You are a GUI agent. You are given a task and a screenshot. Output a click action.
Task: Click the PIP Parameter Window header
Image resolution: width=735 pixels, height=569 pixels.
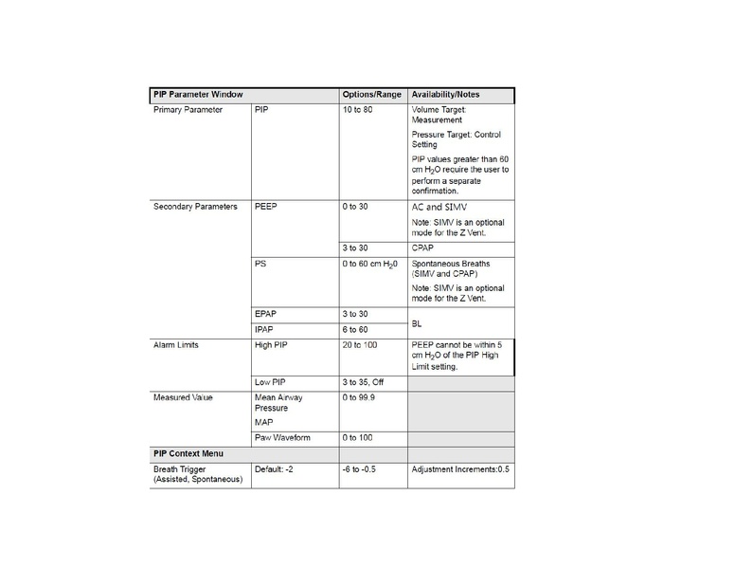(x=198, y=95)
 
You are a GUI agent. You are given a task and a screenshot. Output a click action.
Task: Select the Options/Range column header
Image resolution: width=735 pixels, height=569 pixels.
(x=371, y=95)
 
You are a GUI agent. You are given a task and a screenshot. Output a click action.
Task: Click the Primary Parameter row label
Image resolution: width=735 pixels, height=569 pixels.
(x=188, y=110)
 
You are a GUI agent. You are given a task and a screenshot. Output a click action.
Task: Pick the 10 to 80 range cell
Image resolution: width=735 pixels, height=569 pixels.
(x=359, y=110)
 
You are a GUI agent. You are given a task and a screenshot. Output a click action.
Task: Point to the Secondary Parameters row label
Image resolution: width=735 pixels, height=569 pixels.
(x=195, y=207)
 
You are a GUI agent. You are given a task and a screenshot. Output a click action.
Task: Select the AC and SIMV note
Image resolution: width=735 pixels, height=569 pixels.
(x=439, y=207)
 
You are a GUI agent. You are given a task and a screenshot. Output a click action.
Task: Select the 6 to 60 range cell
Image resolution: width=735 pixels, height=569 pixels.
(x=356, y=329)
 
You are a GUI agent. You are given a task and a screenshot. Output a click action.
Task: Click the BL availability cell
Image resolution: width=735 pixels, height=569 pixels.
(x=419, y=321)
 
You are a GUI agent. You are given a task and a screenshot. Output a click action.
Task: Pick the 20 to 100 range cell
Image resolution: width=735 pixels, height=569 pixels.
(x=360, y=345)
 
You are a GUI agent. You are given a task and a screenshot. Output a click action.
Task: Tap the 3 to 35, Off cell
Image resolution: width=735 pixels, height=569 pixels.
(x=365, y=382)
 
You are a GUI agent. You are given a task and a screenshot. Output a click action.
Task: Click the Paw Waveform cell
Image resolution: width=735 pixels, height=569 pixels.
(x=282, y=437)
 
